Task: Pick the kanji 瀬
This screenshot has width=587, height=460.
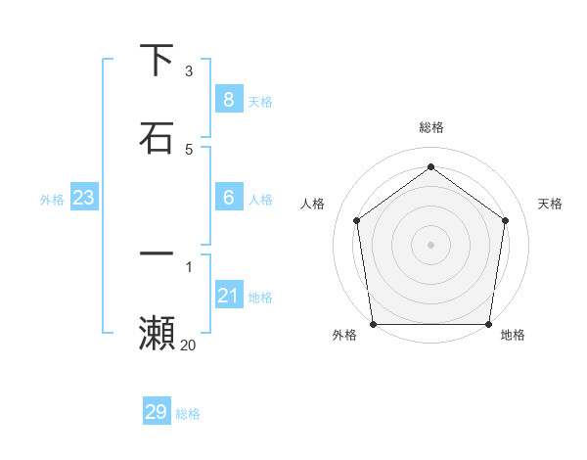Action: (157, 334)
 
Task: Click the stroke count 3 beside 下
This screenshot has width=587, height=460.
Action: (189, 71)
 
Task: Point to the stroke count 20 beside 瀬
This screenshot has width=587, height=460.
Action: (188, 345)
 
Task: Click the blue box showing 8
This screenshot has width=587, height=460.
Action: (228, 100)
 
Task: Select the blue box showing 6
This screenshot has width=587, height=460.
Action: (228, 198)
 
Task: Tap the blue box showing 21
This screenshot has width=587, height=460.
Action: (228, 296)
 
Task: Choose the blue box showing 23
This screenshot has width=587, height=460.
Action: (83, 198)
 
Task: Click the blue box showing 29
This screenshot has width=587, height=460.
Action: (157, 412)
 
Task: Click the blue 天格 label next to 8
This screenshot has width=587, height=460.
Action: (260, 102)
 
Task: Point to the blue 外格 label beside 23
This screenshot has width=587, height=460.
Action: (52, 200)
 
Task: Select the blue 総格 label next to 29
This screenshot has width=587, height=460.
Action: (188, 414)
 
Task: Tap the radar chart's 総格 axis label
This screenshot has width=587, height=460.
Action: (431, 127)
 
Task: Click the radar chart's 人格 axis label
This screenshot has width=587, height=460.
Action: (312, 204)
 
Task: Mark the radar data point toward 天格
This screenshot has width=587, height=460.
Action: (506, 220)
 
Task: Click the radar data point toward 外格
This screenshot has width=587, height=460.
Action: (374, 324)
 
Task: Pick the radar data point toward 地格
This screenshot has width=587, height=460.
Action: (488, 324)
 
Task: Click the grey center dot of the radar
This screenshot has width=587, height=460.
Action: (431, 244)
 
